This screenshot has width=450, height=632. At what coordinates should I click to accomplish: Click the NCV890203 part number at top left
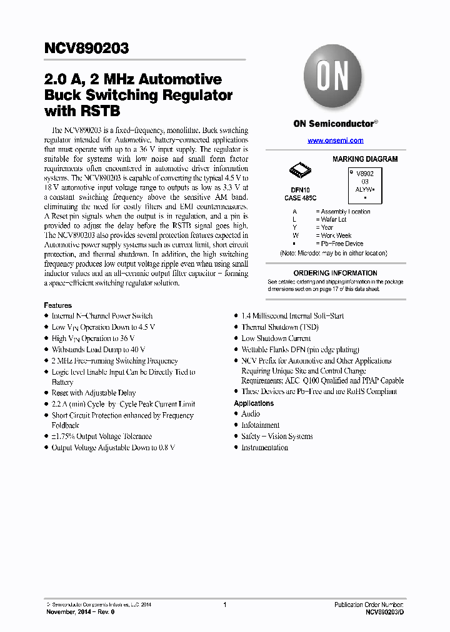[87, 48]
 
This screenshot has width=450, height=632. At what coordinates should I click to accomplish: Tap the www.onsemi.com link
[335, 141]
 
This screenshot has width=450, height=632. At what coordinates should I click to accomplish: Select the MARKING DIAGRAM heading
[365, 159]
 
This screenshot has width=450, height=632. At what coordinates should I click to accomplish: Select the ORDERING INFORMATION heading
[335, 273]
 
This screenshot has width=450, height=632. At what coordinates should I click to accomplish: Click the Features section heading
[57, 305]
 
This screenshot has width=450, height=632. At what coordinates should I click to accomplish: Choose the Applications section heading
[254, 403]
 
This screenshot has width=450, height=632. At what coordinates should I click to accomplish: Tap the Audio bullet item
[251, 414]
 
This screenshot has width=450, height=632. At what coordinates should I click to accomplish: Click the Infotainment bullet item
[260, 425]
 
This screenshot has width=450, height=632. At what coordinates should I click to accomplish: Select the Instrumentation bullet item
[264, 448]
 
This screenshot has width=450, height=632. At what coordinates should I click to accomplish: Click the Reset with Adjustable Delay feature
[93, 393]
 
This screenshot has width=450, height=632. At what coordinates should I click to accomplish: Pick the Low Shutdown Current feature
[276, 338]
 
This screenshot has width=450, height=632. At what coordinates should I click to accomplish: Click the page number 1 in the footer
[224, 605]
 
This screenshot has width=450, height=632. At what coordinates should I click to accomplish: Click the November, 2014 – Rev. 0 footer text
[81, 612]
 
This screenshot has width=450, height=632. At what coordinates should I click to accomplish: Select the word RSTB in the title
[98, 111]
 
